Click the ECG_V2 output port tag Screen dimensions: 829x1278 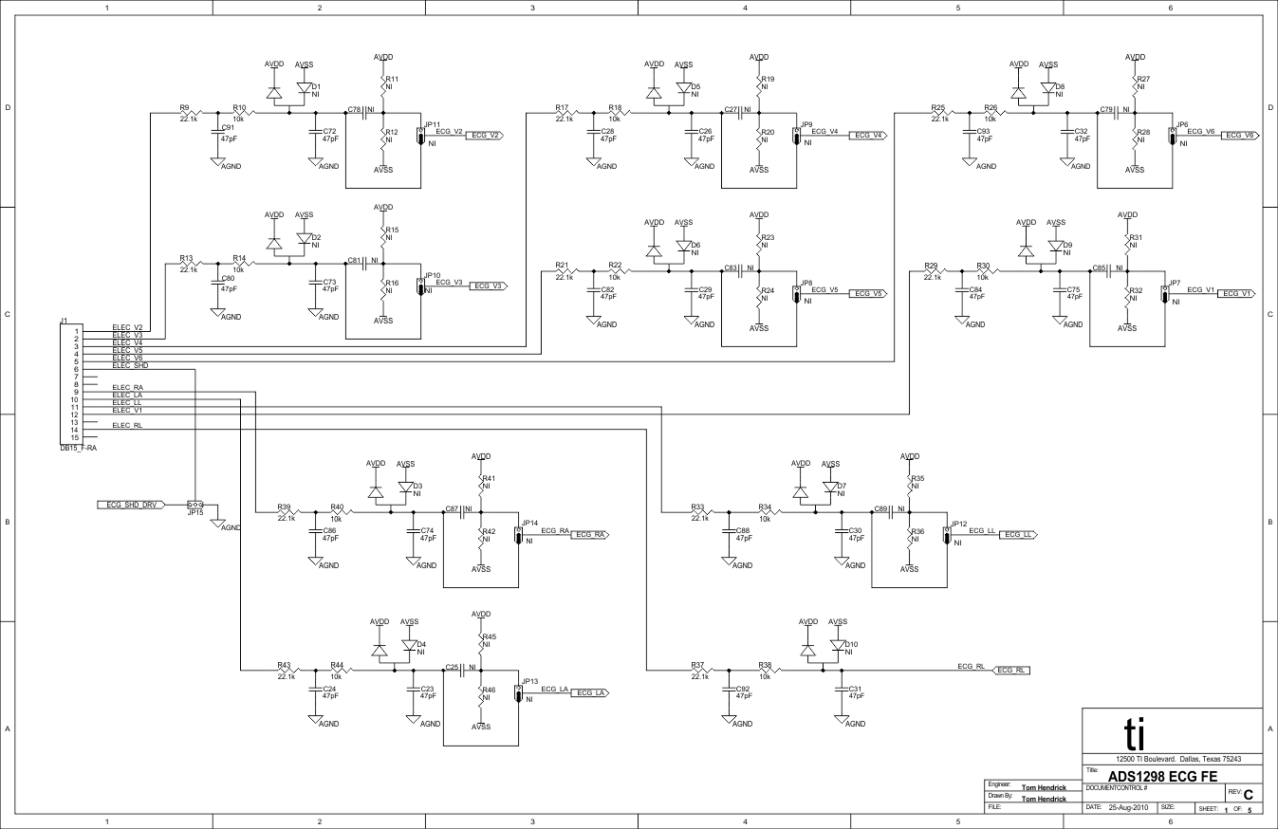pyautogui.click(x=485, y=136)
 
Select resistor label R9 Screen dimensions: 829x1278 pyautogui.click(x=184, y=107)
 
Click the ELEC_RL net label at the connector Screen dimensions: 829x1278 pyautogui.click(x=127, y=425)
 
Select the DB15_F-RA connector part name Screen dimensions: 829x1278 pyautogui.click(x=78, y=448)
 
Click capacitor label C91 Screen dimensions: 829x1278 pyautogui.click(x=228, y=127)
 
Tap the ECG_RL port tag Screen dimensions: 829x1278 pyautogui.click(x=1011, y=670)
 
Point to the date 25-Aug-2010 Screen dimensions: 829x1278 pyautogui.click(x=1128, y=808)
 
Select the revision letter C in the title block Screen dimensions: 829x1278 pyautogui.click(x=1248, y=793)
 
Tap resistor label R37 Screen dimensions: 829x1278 pyautogui.click(x=697, y=665)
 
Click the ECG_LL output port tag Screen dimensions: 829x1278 pyautogui.click(x=1019, y=535)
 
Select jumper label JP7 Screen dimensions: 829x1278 pyautogui.click(x=1175, y=283)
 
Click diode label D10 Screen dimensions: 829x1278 pyautogui.click(x=851, y=644)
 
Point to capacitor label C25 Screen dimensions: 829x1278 pyautogui.click(x=452, y=667)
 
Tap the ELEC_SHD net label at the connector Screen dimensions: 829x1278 pyautogui.click(x=130, y=365)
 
